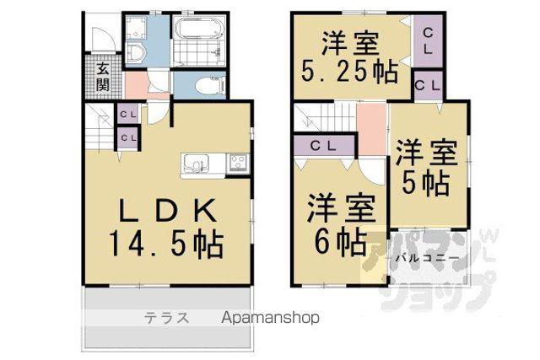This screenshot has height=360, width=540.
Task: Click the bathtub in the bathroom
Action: (x=198, y=28)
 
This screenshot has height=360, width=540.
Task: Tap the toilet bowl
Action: (x=208, y=85)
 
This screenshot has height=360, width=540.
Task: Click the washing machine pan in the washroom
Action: (x=136, y=27)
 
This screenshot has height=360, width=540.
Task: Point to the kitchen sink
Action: (x=196, y=165)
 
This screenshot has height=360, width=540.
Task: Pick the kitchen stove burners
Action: (x=239, y=163)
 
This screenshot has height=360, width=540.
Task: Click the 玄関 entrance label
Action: (x=103, y=77)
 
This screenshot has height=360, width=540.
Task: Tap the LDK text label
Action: (x=168, y=210)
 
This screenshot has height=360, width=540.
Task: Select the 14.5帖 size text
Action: (x=167, y=244)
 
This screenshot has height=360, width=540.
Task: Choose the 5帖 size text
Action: (x=426, y=183)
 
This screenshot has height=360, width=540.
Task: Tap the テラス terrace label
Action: (x=167, y=317)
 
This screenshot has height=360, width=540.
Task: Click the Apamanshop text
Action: (x=270, y=318)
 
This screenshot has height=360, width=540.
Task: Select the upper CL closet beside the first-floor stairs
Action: (x=129, y=114)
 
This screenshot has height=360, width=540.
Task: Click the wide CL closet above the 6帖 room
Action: (x=323, y=146)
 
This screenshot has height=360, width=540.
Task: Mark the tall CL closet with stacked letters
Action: (x=428, y=41)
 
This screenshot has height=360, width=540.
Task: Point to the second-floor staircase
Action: (x=324, y=117)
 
